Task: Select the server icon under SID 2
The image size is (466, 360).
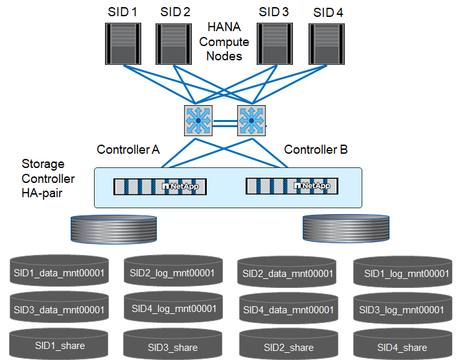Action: (x=173, y=43)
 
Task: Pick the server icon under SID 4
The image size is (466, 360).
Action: (x=326, y=43)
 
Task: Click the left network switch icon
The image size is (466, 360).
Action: (x=197, y=120)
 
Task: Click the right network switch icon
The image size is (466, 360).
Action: (x=250, y=120)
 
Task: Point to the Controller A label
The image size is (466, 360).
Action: (x=128, y=150)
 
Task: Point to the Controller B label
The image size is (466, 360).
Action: (x=316, y=150)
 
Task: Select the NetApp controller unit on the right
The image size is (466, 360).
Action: (x=291, y=187)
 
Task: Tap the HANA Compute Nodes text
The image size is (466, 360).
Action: (x=224, y=42)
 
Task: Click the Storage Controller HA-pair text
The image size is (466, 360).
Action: (x=48, y=178)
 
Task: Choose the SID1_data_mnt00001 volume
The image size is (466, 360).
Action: (x=58, y=272)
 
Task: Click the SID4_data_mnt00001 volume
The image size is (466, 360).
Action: (x=288, y=309)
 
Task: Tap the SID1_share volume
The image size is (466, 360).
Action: (x=58, y=346)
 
